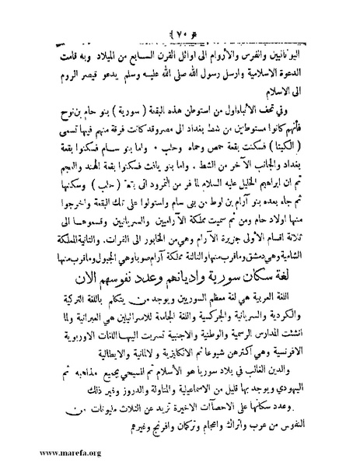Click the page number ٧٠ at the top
(180, 12)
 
